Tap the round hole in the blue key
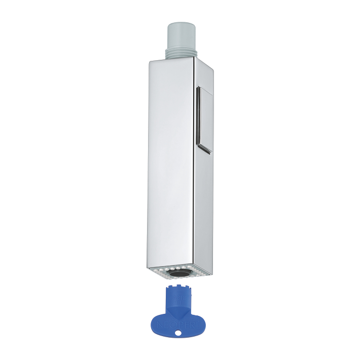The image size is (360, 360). pos(178,333)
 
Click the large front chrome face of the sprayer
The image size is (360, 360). pos(171,162)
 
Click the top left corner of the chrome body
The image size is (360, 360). pos(151,62)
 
